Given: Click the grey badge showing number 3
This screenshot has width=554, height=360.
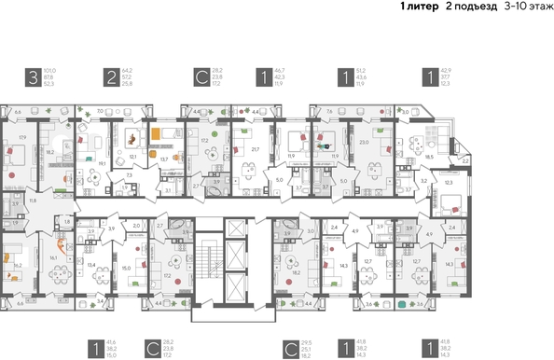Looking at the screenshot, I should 35,78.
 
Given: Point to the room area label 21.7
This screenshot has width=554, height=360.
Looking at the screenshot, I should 256,148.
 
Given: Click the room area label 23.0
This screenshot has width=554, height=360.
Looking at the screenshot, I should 365,142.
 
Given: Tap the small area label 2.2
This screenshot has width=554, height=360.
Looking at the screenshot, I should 465,160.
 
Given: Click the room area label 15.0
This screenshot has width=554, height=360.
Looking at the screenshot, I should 125,268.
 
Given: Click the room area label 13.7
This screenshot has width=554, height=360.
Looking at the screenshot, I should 164,159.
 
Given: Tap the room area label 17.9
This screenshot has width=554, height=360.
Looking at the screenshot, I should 21,138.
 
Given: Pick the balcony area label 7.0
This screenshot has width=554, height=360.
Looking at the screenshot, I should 100,111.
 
